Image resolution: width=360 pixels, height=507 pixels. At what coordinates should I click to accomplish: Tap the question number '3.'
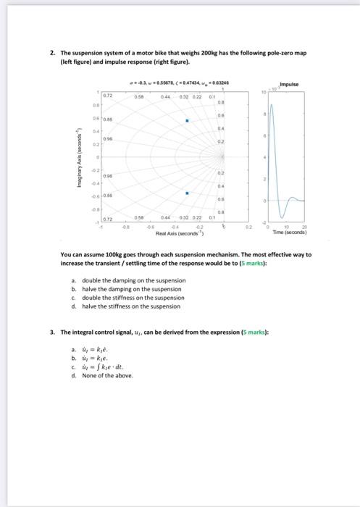coord(53,332)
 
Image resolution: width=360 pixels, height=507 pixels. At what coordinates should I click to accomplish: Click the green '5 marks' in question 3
coord(254,332)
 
